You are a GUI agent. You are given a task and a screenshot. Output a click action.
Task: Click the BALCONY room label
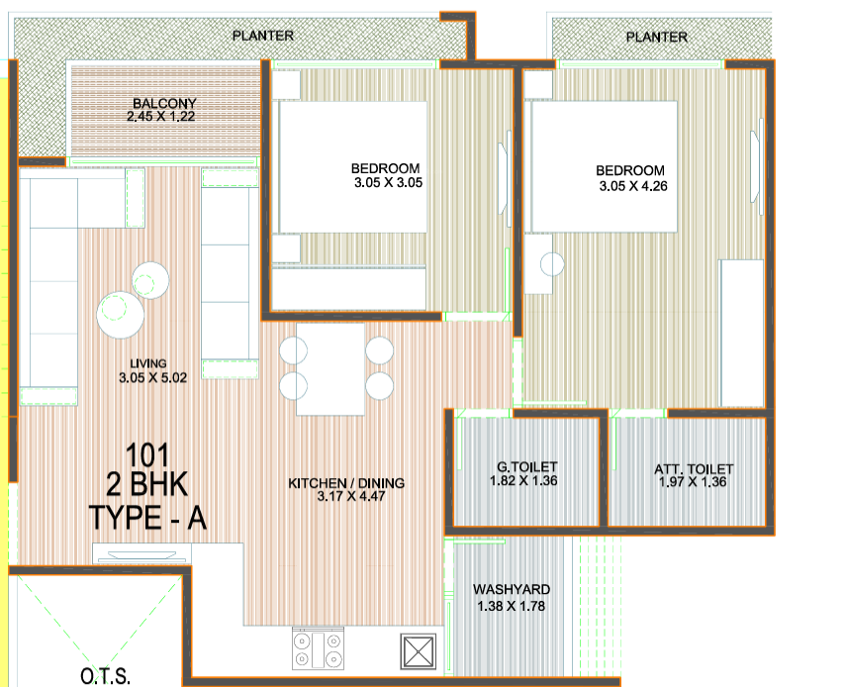[164, 103]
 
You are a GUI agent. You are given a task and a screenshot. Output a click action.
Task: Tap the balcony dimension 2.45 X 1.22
[164, 117]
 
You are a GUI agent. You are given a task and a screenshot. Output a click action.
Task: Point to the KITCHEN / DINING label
[346, 483]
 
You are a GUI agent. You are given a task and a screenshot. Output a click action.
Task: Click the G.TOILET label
[527, 467]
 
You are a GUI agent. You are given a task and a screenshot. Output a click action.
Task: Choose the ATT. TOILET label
[694, 469]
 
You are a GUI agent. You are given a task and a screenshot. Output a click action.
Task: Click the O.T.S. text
[104, 678]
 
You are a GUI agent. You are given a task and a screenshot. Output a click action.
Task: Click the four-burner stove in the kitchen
[318, 648]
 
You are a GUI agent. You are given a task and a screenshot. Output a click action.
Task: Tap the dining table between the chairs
[331, 368]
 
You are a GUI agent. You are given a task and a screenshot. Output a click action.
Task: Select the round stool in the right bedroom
[551, 264]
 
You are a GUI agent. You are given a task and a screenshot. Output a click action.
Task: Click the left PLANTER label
[262, 36]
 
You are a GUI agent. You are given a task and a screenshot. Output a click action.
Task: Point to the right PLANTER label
[656, 37]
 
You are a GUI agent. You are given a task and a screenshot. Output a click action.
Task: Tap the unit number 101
[147, 457]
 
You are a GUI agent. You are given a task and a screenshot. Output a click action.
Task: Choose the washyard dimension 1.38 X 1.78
[511, 606]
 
